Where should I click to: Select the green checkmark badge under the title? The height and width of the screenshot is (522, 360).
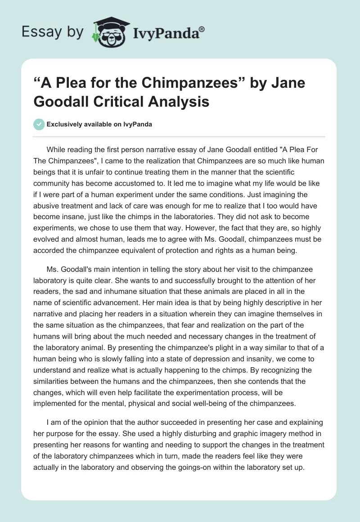[39, 124]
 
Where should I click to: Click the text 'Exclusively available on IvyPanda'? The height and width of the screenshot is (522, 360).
[99, 124]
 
